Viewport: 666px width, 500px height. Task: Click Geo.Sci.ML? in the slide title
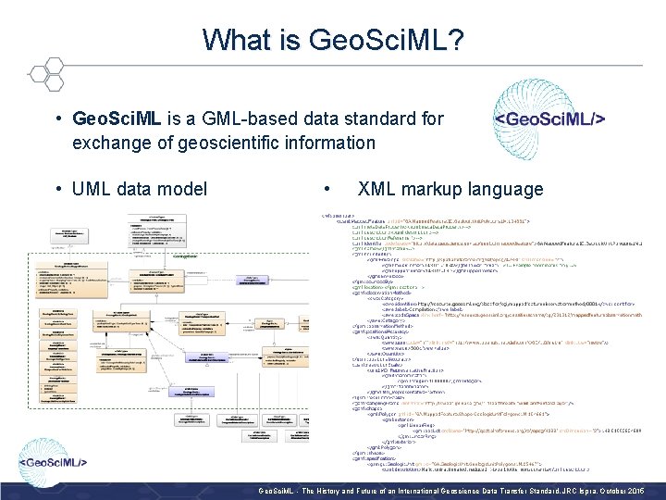pyautogui.click(x=387, y=40)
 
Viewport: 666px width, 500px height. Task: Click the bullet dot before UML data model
pyautogui.click(x=57, y=190)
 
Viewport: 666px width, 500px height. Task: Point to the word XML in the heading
pyautogui.click(x=377, y=190)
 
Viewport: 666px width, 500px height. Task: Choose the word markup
pyautogui.click(x=438, y=190)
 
